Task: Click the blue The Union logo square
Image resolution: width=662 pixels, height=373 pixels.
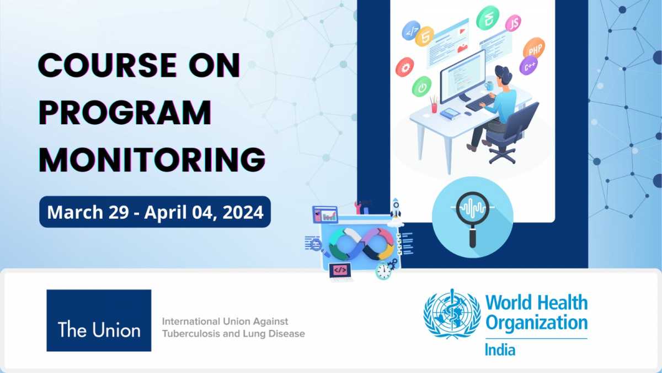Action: point(99,321)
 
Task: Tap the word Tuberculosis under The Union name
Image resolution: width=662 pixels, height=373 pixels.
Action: point(190,334)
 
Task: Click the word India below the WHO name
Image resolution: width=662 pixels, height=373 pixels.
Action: point(500,350)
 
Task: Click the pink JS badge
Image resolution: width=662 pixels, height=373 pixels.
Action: point(514,23)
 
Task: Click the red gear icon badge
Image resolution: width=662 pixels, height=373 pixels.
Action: point(404,67)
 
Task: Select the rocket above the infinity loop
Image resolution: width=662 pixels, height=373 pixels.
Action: point(396,209)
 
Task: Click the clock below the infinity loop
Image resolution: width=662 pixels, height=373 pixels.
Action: point(382,271)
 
